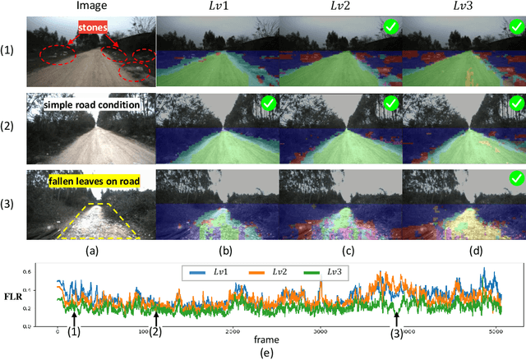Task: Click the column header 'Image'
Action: click(89, 8)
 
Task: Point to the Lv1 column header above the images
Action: click(217, 8)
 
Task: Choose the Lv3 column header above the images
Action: click(463, 8)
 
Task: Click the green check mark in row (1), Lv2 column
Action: click(393, 28)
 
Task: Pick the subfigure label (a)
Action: click(90, 245)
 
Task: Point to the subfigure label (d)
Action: click(463, 245)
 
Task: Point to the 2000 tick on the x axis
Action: click(231, 331)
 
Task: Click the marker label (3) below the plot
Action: click(397, 334)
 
